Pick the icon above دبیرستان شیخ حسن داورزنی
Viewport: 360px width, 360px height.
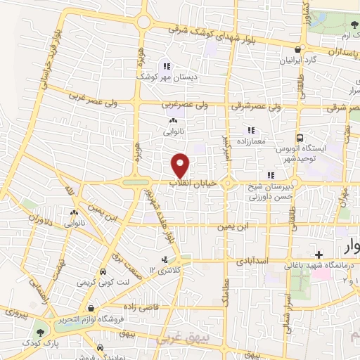coord(270,174)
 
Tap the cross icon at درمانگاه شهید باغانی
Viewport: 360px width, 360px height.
coord(319,254)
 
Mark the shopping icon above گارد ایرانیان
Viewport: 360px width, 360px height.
coord(299,50)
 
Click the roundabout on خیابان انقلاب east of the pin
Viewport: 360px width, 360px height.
coord(230,184)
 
